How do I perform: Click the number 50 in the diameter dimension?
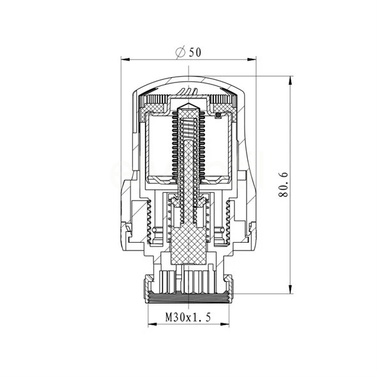(x=195, y=52)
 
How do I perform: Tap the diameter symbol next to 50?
(x=181, y=52)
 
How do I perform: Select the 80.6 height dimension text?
(x=284, y=185)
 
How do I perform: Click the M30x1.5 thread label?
(x=188, y=318)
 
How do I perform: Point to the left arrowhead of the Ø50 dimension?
(x=125, y=59)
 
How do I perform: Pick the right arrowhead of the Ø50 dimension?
(x=252, y=59)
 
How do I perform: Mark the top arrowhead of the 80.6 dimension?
(x=291, y=81)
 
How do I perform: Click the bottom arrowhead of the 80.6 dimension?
(x=291, y=289)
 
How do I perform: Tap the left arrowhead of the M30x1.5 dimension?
(x=152, y=325)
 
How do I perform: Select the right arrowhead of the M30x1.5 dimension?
(x=224, y=325)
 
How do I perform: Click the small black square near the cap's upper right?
(x=218, y=116)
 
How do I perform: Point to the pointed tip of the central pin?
(x=188, y=103)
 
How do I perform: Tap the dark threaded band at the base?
(x=188, y=298)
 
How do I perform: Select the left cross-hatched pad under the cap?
(x=155, y=108)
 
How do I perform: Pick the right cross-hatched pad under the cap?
(x=221, y=108)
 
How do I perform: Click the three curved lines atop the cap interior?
(x=188, y=91)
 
